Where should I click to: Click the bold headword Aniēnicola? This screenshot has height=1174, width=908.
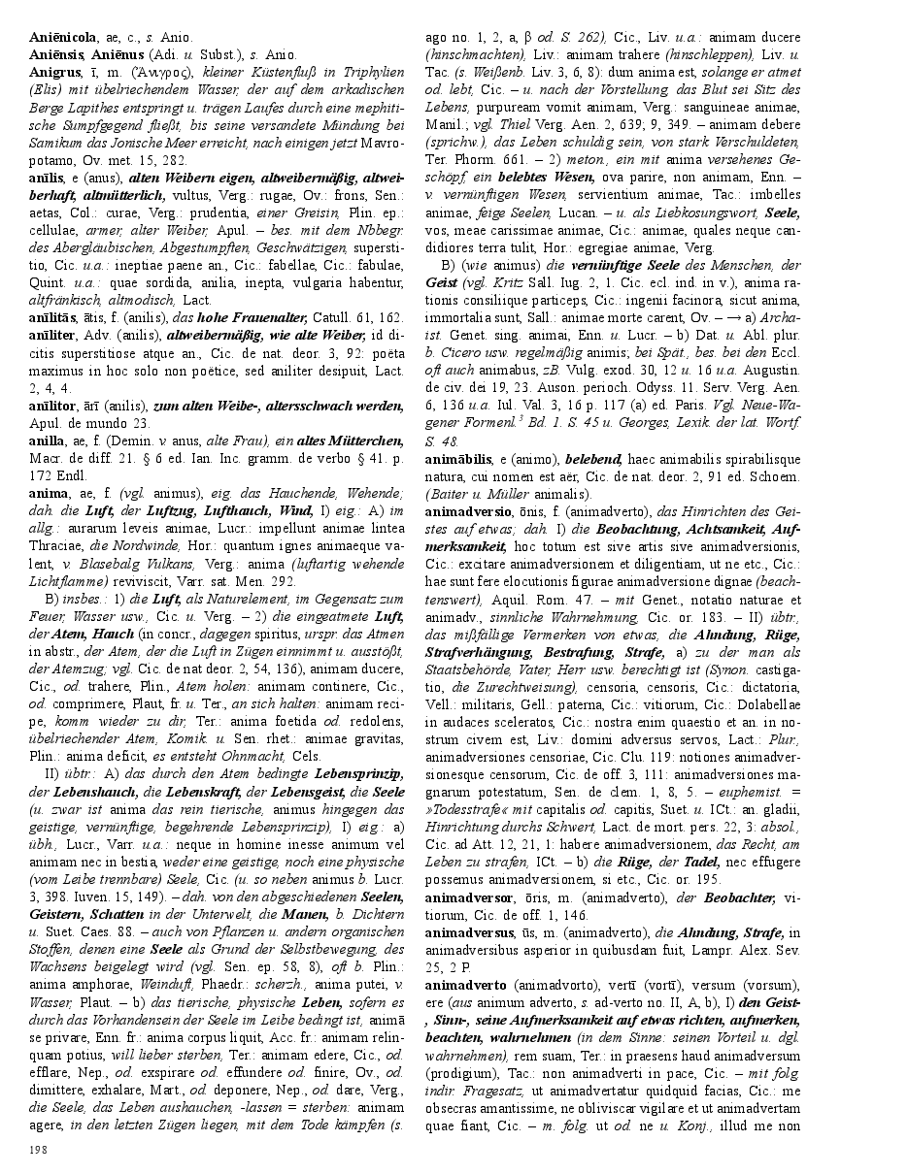click(x=63, y=35)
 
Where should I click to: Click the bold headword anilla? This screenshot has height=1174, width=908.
click(x=49, y=440)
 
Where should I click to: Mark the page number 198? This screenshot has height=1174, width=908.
click(x=39, y=1149)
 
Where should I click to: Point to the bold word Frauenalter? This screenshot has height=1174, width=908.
click(x=263, y=317)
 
